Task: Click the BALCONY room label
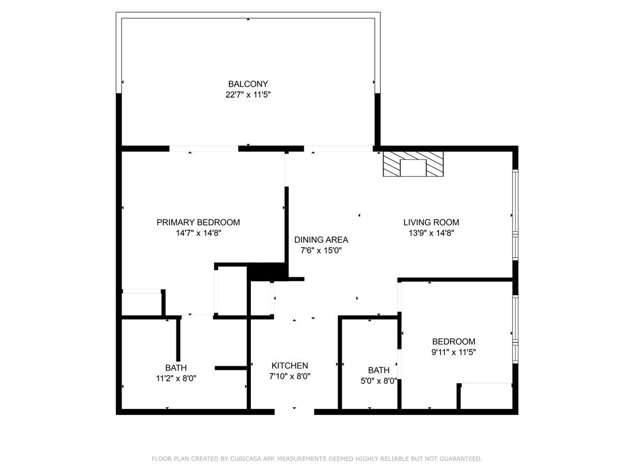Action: coord(248,84)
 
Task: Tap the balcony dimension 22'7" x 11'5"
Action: coord(248,95)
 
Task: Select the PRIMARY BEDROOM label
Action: coord(198,222)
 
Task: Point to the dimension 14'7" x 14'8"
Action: coord(198,233)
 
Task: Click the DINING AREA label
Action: coord(321,240)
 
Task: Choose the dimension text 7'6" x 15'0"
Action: coord(321,251)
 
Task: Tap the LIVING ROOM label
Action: coord(431,222)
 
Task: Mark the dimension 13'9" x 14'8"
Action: coord(431,233)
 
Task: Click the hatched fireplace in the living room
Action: coord(413,165)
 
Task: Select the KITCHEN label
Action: coord(290,366)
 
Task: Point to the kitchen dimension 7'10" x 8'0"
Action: coord(290,377)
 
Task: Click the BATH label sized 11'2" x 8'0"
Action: coord(176,367)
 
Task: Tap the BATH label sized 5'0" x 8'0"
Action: coord(379,370)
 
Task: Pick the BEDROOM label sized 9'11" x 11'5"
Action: coord(453,341)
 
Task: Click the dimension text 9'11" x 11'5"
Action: coord(453,353)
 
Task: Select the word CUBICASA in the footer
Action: coord(248,459)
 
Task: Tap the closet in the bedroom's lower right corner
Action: coord(486,396)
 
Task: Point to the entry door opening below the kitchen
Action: coord(294,411)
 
